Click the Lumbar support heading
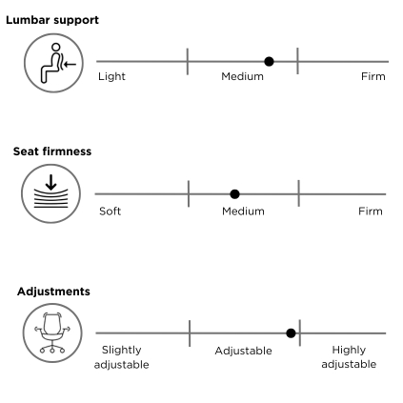click(x=52, y=20)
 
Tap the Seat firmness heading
click(x=52, y=151)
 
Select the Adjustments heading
click(x=53, y=292)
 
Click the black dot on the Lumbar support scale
click(x=269, y=62)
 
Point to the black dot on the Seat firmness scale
click(x=234, y=194)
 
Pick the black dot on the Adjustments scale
click(x=291, y=333)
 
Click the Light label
click(x=111, y=76)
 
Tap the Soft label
click(x=111, y=212)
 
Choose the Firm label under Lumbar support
click(x=373, y=76)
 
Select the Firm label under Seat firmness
click(x=371, y=212)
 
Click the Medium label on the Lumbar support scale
click(x=243, y=76)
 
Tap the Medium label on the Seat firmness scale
click(x=243, y=212)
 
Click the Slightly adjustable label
click(x=122, y=357)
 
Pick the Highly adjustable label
click(x=349, y=357)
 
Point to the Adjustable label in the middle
click(x=244, y=351)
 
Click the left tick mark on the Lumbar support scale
click(x=188, y=62)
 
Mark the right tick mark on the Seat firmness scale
click(x=299, y=193)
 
